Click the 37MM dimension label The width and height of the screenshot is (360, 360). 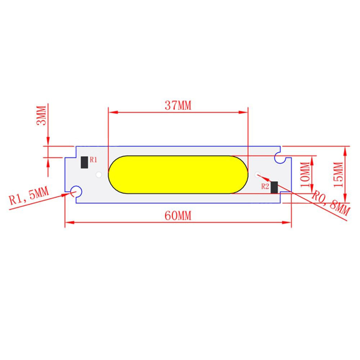click(177, 105)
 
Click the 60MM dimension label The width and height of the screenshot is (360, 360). click(177, 216)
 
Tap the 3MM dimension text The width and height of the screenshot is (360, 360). click(42, 115)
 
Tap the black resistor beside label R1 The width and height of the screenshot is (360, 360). click(84, 163)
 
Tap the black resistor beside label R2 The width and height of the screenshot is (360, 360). click(275, 187)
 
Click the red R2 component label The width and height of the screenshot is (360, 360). click(265, 186)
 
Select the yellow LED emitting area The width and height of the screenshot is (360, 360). click(178, 174)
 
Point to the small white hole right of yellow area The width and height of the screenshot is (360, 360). click(257, 175)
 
